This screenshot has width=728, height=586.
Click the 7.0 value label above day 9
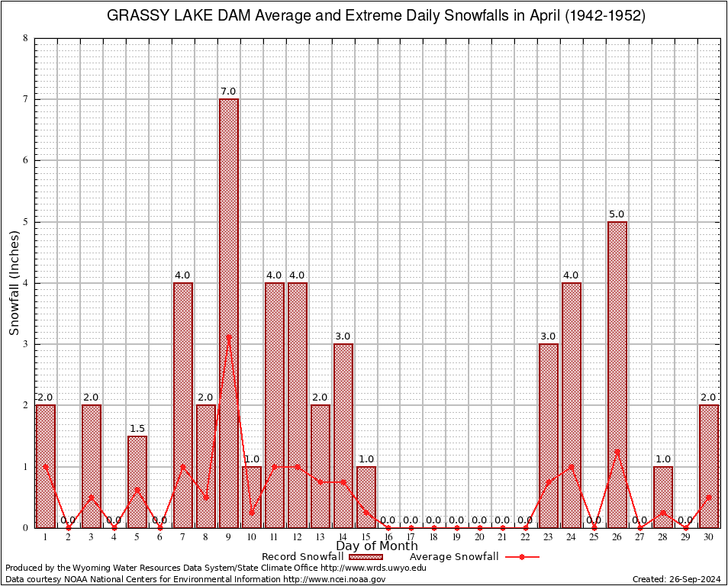click(x=228, y=92)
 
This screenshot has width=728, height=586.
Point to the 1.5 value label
click(x=137, y=428)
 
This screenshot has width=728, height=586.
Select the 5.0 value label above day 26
click(x=617, y=214)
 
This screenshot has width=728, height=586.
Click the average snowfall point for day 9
click(x=228, y=336)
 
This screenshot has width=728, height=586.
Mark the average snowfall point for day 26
click(x=617, y=451)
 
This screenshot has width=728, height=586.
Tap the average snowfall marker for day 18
click(x=434, y=527)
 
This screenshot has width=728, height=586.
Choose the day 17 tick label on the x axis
click(x=411, y=536)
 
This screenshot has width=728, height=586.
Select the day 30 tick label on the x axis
click(x=709, y=536)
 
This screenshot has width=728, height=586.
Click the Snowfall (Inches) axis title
click(x=14, y=283)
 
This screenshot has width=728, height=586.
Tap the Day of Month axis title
click(x=377, y=546)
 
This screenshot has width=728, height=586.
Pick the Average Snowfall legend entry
click(x=449, y=557)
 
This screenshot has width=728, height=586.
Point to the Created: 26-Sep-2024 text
click(x=677, y=579)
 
